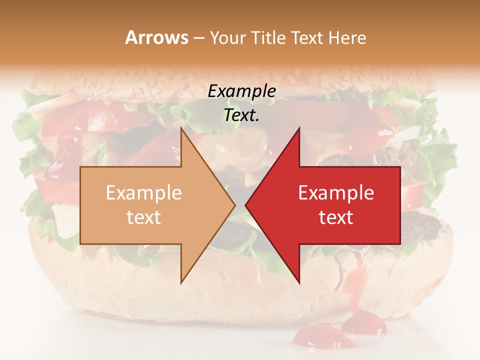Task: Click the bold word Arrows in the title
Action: [156, 37]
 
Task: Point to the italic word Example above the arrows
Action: [242, 91]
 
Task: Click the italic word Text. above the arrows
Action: [242, 115]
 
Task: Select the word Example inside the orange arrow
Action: [144, 193]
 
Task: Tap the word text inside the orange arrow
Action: [144, 217]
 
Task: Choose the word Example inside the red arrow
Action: [336, 193]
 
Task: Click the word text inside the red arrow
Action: [336, 217]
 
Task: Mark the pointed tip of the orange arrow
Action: [234, 205]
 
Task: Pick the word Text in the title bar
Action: [307, 38]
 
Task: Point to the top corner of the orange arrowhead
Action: [181, 129]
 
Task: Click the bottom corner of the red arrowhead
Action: [298, 281]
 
